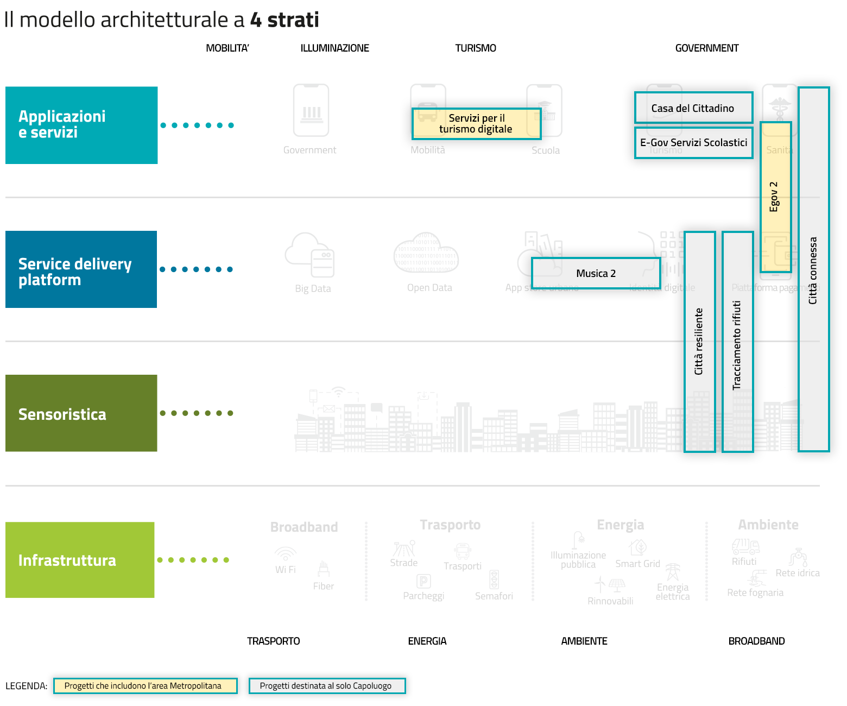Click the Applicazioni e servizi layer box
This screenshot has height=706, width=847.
coord(81,125)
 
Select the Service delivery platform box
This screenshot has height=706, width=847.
coord(81,269)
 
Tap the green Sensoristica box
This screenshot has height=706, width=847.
coord(81,413)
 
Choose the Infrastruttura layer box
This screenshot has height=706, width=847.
coord(80,560)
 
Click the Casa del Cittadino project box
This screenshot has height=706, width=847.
coord(693,108)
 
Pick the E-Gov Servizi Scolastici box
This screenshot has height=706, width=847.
coord(693,143)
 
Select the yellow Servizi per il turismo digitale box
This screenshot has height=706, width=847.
coord(476,124)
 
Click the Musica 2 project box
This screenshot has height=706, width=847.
coord(596,273)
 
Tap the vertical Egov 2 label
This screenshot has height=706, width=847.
coord(775,197)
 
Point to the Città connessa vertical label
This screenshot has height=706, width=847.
coord(813,270)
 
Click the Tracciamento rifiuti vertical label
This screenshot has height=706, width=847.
coord(737,345)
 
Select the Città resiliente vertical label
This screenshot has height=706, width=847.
coord(699,342)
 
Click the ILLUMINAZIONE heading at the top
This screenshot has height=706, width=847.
coord(334,48)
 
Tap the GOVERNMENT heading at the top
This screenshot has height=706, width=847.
coord(706,48)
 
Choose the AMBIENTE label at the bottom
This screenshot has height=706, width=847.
coord(584,641)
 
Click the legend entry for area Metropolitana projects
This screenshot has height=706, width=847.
coord(145,686)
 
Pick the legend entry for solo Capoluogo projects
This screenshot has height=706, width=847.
coord(327,686)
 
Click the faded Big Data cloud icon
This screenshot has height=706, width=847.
coord(309,255)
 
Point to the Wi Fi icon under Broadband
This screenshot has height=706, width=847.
coord(285,554)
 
